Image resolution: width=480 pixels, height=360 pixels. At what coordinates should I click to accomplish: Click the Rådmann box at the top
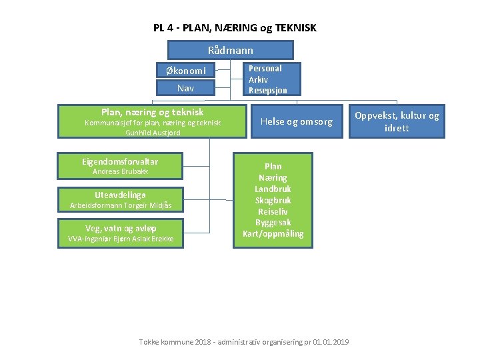click(x=230, y=50)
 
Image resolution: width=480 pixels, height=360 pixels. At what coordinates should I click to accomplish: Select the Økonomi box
click(x=185, y=70)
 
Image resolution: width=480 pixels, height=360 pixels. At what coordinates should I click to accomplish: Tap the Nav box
click(x=185, y=87)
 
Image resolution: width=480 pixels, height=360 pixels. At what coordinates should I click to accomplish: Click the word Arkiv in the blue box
click(x=258, y=79)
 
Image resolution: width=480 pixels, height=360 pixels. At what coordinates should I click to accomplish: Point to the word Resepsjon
click(x=267, y=90)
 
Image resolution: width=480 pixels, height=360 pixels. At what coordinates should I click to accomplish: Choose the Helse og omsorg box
click(x=296, y=121)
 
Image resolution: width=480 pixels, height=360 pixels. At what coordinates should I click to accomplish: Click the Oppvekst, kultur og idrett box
click(x=397, y=121)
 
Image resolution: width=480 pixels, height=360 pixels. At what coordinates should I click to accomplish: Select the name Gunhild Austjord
click(x=153, y=133)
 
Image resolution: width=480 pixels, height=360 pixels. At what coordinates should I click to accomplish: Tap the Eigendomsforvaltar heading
click(x=120, y=161)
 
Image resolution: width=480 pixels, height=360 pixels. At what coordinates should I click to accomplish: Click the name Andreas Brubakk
click(x=120, y=171)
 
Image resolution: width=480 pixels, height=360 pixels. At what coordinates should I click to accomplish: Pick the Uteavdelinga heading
click(x=120, y=195)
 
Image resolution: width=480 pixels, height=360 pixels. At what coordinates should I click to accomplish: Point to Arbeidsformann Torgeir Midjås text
click(x=120, y=205)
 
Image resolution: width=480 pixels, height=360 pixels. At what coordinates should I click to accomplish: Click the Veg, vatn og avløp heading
click(x=120, y=228)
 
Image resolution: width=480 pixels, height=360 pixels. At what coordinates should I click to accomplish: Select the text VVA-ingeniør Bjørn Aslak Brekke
click(x=120, y=239)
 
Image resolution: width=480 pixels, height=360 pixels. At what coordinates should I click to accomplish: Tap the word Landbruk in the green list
click(x=273, y=189)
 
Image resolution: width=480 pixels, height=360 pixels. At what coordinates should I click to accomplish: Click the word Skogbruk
click(x=273, y=200)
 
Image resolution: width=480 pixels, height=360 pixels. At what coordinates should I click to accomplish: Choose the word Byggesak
click(x=273, y=222)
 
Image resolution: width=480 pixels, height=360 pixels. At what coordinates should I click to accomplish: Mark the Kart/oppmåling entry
click(x=273, y=233)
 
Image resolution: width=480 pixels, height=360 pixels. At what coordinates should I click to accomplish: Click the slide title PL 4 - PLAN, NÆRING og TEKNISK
click(x=235, y=28)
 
